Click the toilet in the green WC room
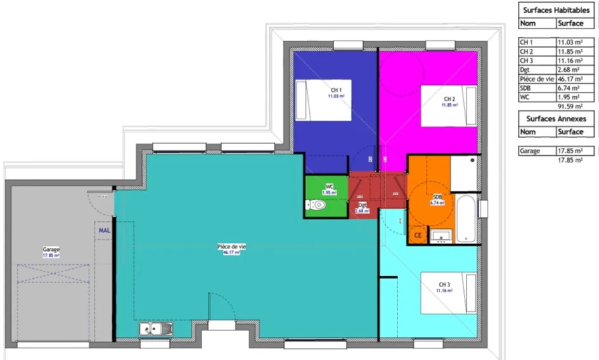pyautogui.click(x=316, y=205)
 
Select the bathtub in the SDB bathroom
pyautogui.click(x=466, y=219)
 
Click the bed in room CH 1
pyautogui.click(x=325, y=100)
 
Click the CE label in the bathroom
pyautogui.click(x=418, y=235)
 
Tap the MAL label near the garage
pyautogui.click(x=104, y=231)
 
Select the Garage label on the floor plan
pyautogui.click(x=51, y=250)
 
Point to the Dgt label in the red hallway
pyautogui.click(x=363, y=205)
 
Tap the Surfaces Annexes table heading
pyautogui.click(x=556, y=119)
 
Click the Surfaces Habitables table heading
pyautogui.click(x=557, y=10)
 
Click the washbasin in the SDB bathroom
pyautogui.click(x=441, y=236)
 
